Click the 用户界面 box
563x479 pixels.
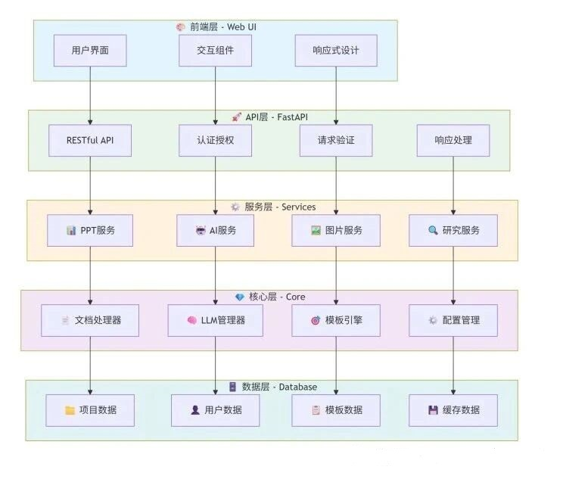[90, 51]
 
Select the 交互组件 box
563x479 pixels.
[215, 51]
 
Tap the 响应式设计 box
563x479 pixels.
[335, 51]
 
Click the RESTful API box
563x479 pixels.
[90, 141]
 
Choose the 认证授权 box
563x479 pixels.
[215, 141]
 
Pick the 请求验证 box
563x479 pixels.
[336, 141]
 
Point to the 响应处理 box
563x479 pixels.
[453, 141]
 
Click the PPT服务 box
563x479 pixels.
[90, 231]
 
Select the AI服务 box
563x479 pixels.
[215, 231]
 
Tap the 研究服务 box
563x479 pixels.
[453, 231]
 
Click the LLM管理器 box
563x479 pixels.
[215, 320]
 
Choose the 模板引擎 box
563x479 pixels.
[336, 320]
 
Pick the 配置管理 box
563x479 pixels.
[453, 320]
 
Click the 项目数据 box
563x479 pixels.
[90, 410]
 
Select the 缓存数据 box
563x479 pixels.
[453, 410]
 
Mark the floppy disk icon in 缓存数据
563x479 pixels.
[433, 410]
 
